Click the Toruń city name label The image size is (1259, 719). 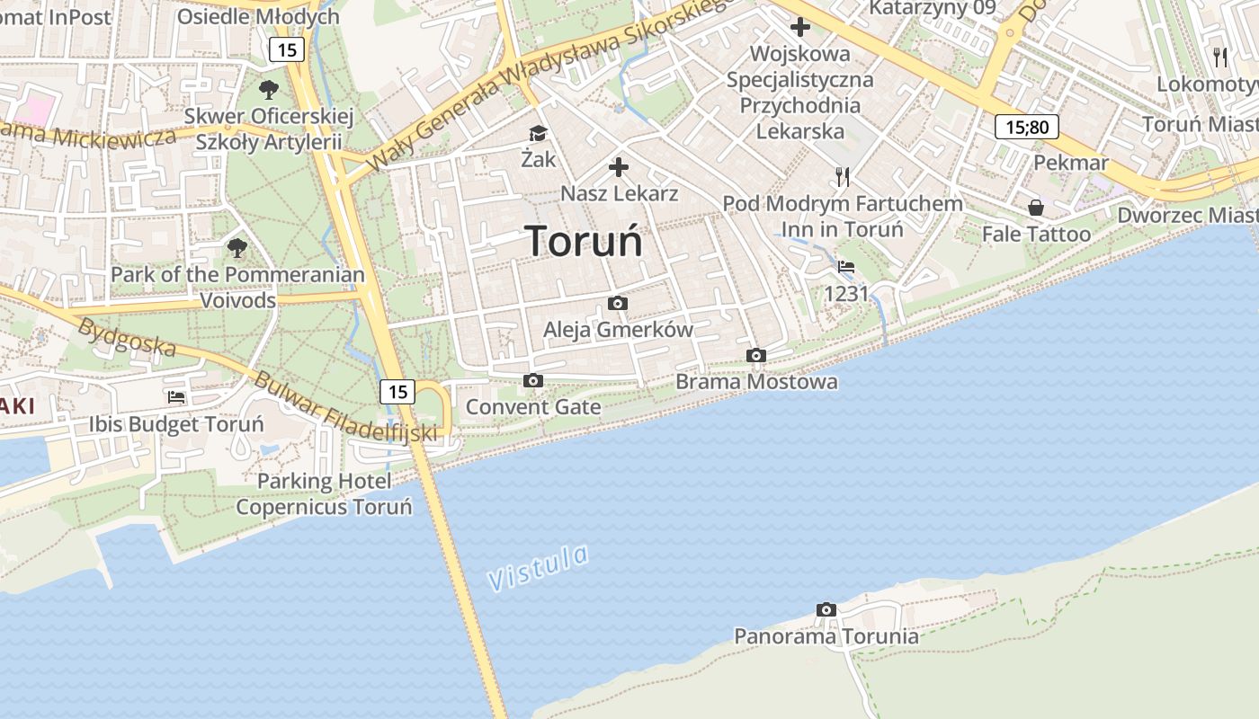584,241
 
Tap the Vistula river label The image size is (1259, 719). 539,567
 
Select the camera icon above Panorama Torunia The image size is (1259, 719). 826,610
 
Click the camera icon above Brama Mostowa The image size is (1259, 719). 756,356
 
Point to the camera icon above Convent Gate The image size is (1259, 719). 533,381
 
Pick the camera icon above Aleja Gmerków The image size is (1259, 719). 618,304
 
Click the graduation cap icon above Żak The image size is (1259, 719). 538,134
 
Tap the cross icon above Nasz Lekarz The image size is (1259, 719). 619,167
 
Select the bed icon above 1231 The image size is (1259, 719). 846,267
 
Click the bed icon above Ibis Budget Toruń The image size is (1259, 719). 176,396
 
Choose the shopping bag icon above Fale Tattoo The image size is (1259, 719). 1036,209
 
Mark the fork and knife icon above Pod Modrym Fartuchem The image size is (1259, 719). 843,176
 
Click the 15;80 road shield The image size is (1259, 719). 1026,127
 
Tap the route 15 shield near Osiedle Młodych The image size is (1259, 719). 287,49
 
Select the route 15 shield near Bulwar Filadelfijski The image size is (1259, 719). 397,391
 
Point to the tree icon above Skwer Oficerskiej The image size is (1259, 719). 268,90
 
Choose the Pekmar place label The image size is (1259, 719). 1071,163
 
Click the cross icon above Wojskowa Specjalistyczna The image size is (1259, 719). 799,27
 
